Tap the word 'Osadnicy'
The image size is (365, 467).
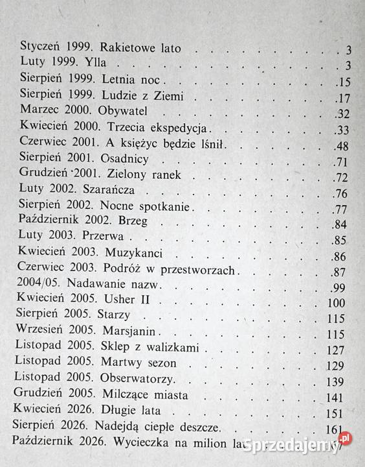click(127, 160)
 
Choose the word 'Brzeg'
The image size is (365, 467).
click(137, 222)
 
